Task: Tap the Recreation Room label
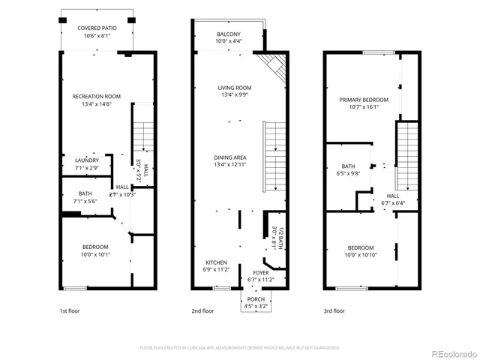click(x=97, y=96)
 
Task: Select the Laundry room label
click(x=86, y=160)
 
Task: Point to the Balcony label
click(x=229, y=34)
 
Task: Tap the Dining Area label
click(x=229, y=157)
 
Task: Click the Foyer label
click(x=260, y=273)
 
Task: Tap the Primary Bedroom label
click(x=363, y=100)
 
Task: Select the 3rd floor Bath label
click(x=348, y=166)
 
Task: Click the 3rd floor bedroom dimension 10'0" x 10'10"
click(x=361, y=253)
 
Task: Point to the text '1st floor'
click(x=69, y=310)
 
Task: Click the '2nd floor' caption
click(x=202, y=310)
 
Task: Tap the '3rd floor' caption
click(x=334, y=310)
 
